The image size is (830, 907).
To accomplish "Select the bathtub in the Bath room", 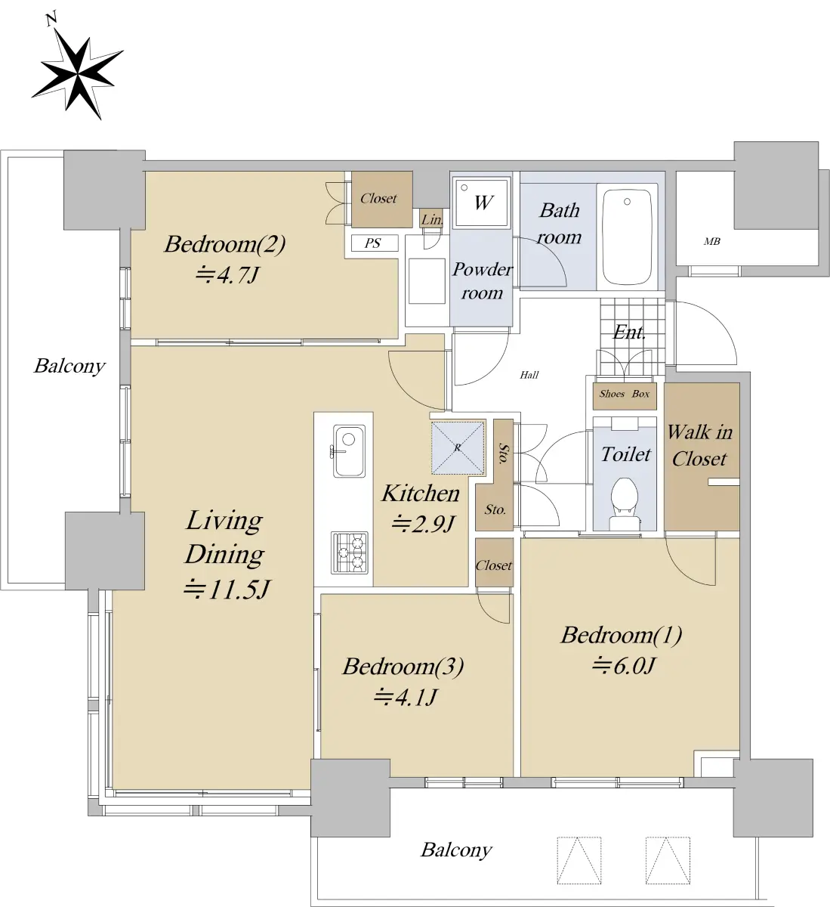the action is tap(627, 237).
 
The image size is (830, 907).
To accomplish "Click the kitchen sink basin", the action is tap(349, 450).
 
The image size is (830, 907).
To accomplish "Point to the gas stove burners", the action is tap(349, 553).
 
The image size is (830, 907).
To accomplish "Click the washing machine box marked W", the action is tap(482, 202).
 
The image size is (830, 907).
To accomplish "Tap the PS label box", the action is tap(375, 243).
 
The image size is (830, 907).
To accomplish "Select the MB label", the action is tap(711, 241).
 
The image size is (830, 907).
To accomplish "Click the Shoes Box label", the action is tap(625, 394).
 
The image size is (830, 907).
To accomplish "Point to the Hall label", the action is tap(529, 374).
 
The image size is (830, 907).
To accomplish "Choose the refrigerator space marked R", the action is tap(458, 447).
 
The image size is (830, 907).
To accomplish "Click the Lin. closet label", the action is tap(431, 220).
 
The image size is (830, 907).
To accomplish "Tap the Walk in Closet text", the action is tap(699, 445).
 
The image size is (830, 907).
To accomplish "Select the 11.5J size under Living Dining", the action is tap(227, 589).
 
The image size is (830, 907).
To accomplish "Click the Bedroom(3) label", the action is tap(403, 666).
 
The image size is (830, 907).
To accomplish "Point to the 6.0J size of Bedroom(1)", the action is tap(623, 665).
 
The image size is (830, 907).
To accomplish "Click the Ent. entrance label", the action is tap(629, 333).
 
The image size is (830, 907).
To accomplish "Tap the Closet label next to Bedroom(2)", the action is tap(378, 198).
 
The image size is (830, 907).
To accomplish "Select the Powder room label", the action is tap(482, 280).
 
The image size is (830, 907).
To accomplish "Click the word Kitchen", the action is tap(421, 493).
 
